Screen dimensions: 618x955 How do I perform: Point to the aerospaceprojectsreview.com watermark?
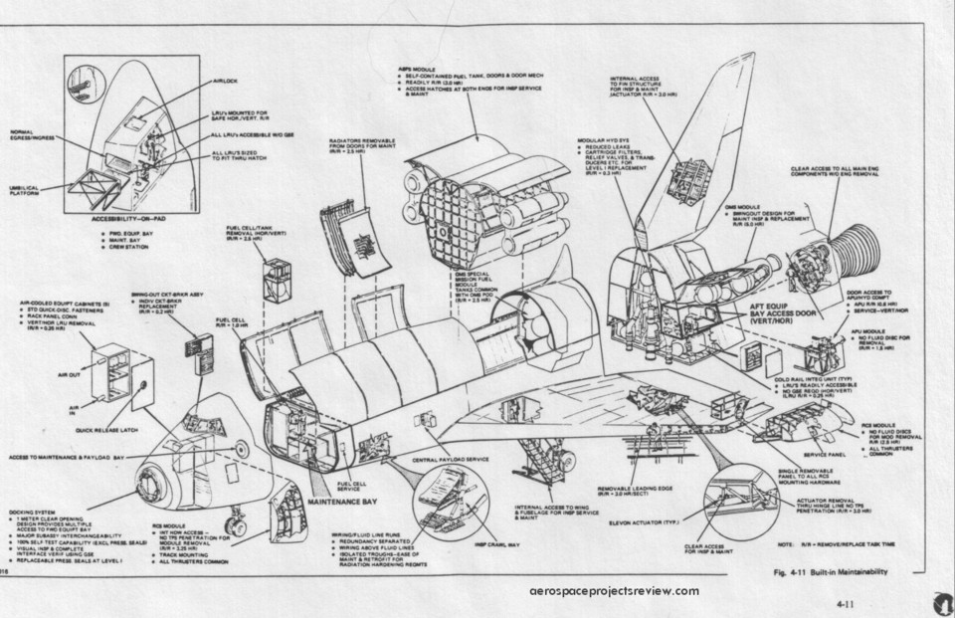(x=616, y=591)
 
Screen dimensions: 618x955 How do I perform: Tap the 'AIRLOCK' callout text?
(x=225, y=82)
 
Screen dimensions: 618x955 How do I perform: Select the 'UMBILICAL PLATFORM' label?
(x=26, y=189)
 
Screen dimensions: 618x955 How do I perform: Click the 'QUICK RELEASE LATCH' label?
(x=103, y=431)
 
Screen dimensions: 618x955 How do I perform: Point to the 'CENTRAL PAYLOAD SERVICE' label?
(x=451, y=459)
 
